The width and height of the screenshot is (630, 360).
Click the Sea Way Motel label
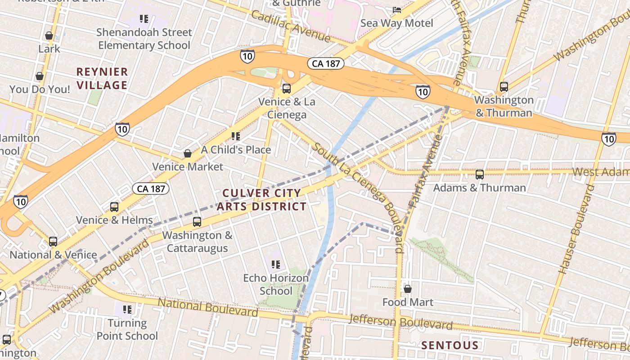point(396,23)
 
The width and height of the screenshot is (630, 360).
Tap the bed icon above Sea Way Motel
point(396,9)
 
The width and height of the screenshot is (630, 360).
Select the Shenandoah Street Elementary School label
point(144,39)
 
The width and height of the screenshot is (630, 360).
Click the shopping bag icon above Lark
point(49,36)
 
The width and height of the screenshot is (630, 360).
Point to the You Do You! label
point(40,90)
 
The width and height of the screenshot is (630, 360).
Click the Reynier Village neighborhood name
point(102,78)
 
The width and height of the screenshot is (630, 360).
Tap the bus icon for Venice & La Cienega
point(287,88)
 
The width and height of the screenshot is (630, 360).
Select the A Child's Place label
point(236,150)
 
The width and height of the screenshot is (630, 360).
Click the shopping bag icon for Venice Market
point(188,154)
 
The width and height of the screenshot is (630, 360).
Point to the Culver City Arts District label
point(262,200)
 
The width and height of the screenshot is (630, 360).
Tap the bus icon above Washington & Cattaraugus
point(197,221)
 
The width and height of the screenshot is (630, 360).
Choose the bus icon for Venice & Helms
point(114,207)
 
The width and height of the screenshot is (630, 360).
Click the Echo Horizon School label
point(276,284)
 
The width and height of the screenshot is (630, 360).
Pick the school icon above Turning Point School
point(127,309)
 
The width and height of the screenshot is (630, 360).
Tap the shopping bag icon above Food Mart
point(408,289)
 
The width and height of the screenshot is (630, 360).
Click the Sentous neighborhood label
point(450,346)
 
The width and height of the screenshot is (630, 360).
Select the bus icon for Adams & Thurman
point(480,174)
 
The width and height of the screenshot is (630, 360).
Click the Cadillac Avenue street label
point(291,27)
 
